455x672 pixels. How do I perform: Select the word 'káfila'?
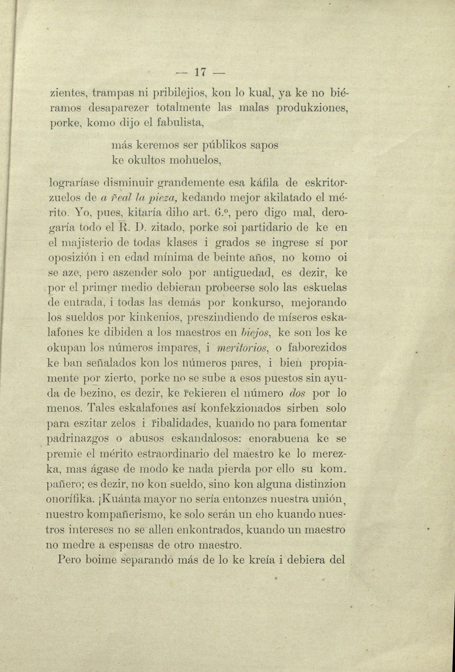point(264,183)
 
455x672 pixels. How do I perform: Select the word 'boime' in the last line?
point(101,560)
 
